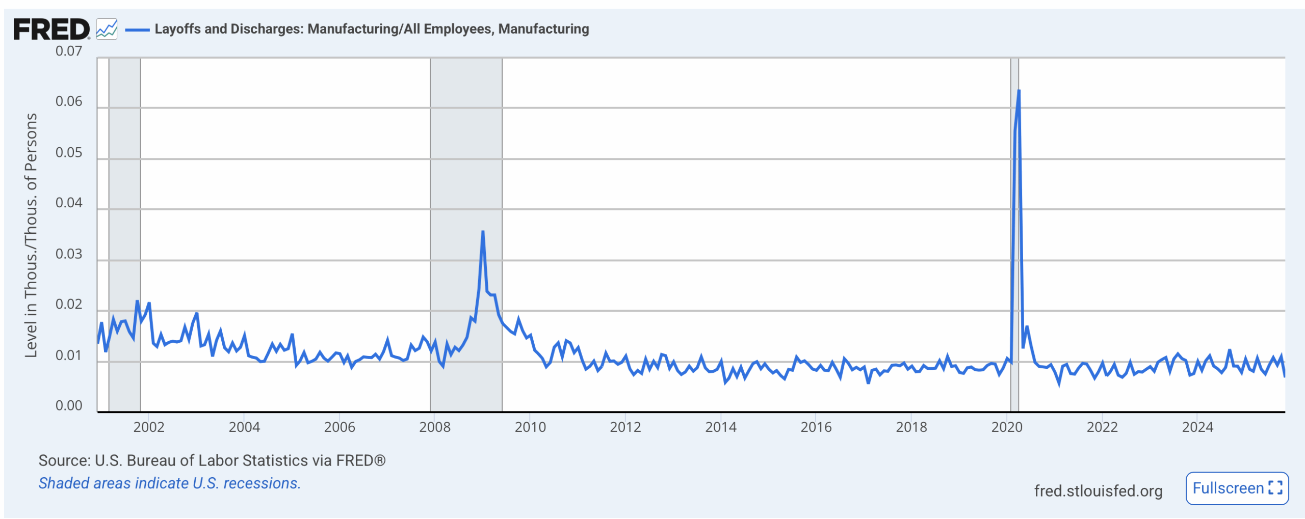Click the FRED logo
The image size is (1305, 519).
(x=51, y=29)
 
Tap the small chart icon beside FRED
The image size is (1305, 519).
(x=107, y=29)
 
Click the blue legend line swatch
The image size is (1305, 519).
(x=137, y=30)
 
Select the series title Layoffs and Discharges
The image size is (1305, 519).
(x=372, y=29)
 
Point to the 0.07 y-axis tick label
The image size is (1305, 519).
(x=69, y=51)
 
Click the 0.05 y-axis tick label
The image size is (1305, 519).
(x=69, y=152)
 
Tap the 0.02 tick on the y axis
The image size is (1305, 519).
(x=69, y=304)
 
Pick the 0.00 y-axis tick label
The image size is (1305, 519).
(x=69, y=405)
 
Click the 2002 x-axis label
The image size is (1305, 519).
(x=149, y=427)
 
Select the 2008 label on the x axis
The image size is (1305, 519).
(x=435, y=427)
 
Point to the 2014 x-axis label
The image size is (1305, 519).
(x=721, y=427)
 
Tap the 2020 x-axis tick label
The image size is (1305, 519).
(x=1007, y=427)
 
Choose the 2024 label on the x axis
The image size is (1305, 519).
(x=1197, y=427)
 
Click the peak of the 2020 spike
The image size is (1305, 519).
(x=1019, y=91)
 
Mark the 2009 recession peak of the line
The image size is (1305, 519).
(x=483, y=232)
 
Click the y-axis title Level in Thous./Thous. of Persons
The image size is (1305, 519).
(x=31, y=235)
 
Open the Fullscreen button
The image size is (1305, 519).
(x=1237, y=488)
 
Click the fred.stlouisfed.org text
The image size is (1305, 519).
(x=1098, y=490)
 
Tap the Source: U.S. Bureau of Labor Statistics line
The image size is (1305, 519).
(x=212, y=460)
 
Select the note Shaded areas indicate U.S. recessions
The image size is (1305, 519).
(x=170, y=483)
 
